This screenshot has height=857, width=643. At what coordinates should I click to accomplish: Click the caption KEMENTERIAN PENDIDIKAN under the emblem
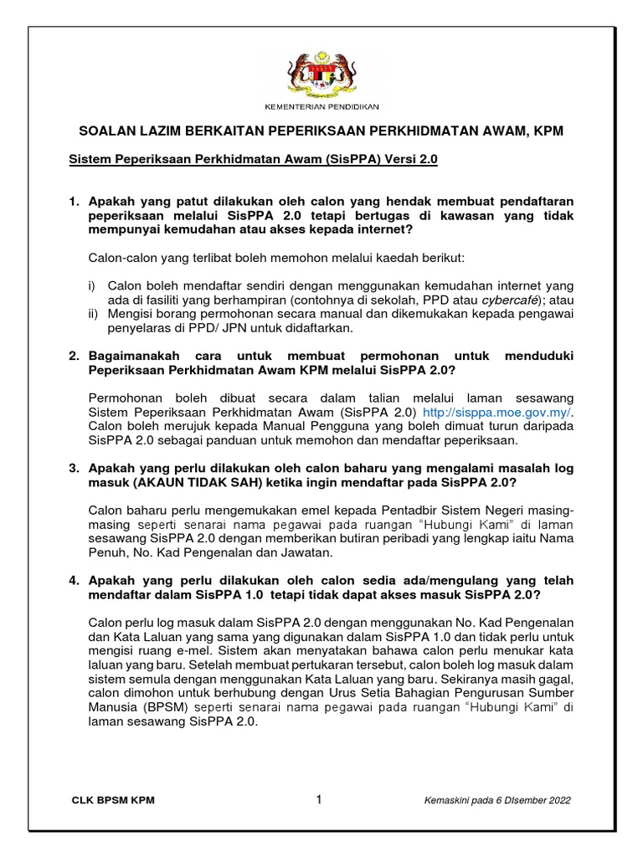click(x=321, y=107)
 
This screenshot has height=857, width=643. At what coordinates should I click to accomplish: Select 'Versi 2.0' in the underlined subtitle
click(x=410, y=158)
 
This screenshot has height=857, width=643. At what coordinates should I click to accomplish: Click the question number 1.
click(x=73, y=202)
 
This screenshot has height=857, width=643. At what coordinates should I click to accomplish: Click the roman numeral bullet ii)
click(x=93, y=314)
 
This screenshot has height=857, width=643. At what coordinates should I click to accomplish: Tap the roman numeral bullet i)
click(x=92, y=285)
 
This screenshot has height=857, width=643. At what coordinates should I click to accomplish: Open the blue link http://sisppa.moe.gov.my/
click(x=500, y=413)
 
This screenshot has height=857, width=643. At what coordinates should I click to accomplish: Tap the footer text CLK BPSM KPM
click(x=113, y=801)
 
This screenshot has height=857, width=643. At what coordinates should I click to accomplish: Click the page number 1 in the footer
click(x=319, y=800)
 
